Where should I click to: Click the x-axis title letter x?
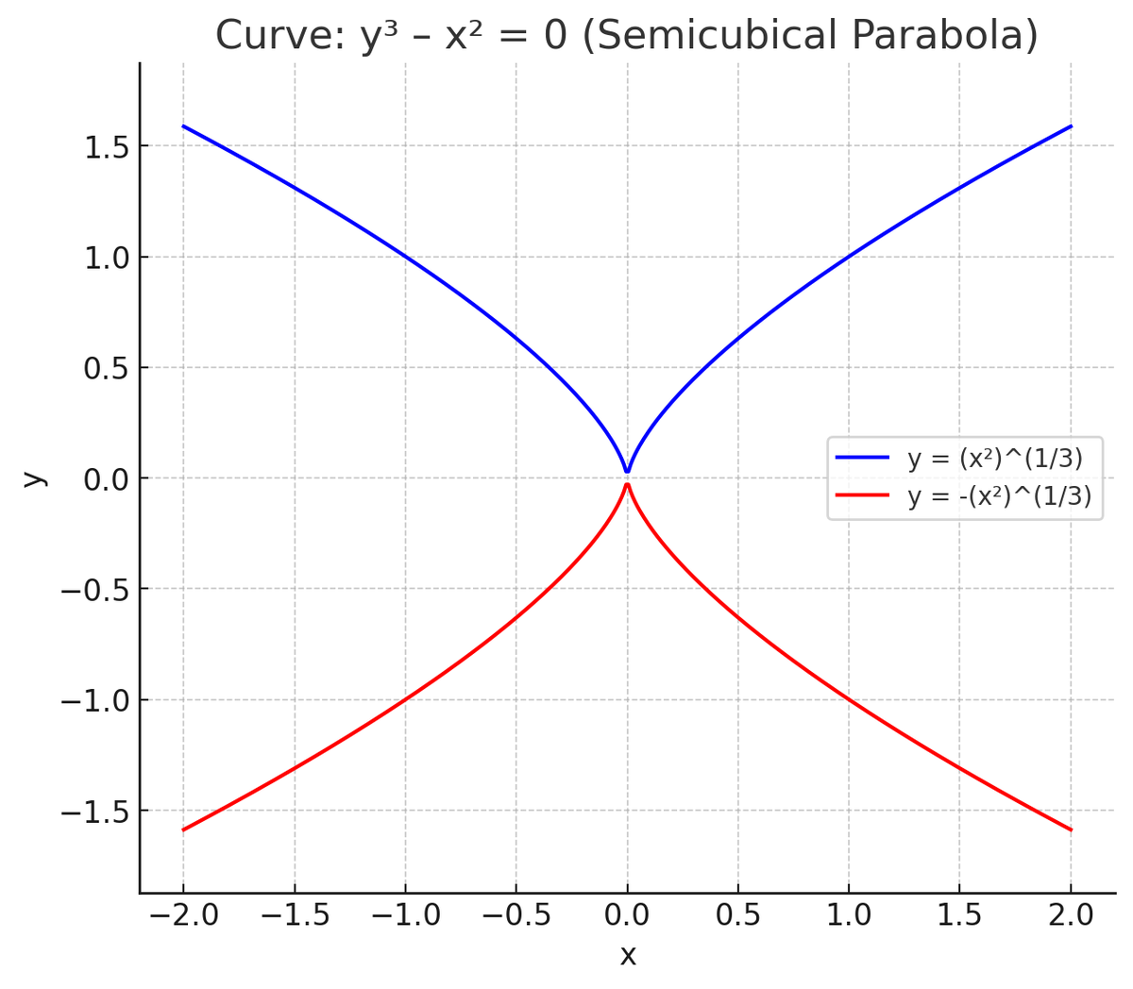(628, 955)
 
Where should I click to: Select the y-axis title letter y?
(33, 478)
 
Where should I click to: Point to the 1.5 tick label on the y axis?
(106, 146)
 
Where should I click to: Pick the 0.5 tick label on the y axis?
(106, 368)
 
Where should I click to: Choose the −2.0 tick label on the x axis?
(183, 914)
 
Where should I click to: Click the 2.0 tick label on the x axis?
(1071, 914)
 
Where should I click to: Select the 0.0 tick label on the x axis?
(627, 914)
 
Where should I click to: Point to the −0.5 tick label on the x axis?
(516, 914)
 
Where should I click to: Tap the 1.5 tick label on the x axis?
(959, 914)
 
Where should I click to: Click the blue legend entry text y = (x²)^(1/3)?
(995, 459)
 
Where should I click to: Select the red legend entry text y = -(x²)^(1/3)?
(999, 495)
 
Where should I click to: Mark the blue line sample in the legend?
(863, 458)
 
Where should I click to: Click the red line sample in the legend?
(863, 494)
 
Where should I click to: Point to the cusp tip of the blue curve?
(627, 471)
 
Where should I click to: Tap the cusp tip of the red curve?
(627, 484)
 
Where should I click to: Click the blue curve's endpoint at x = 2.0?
(1071, 126)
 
